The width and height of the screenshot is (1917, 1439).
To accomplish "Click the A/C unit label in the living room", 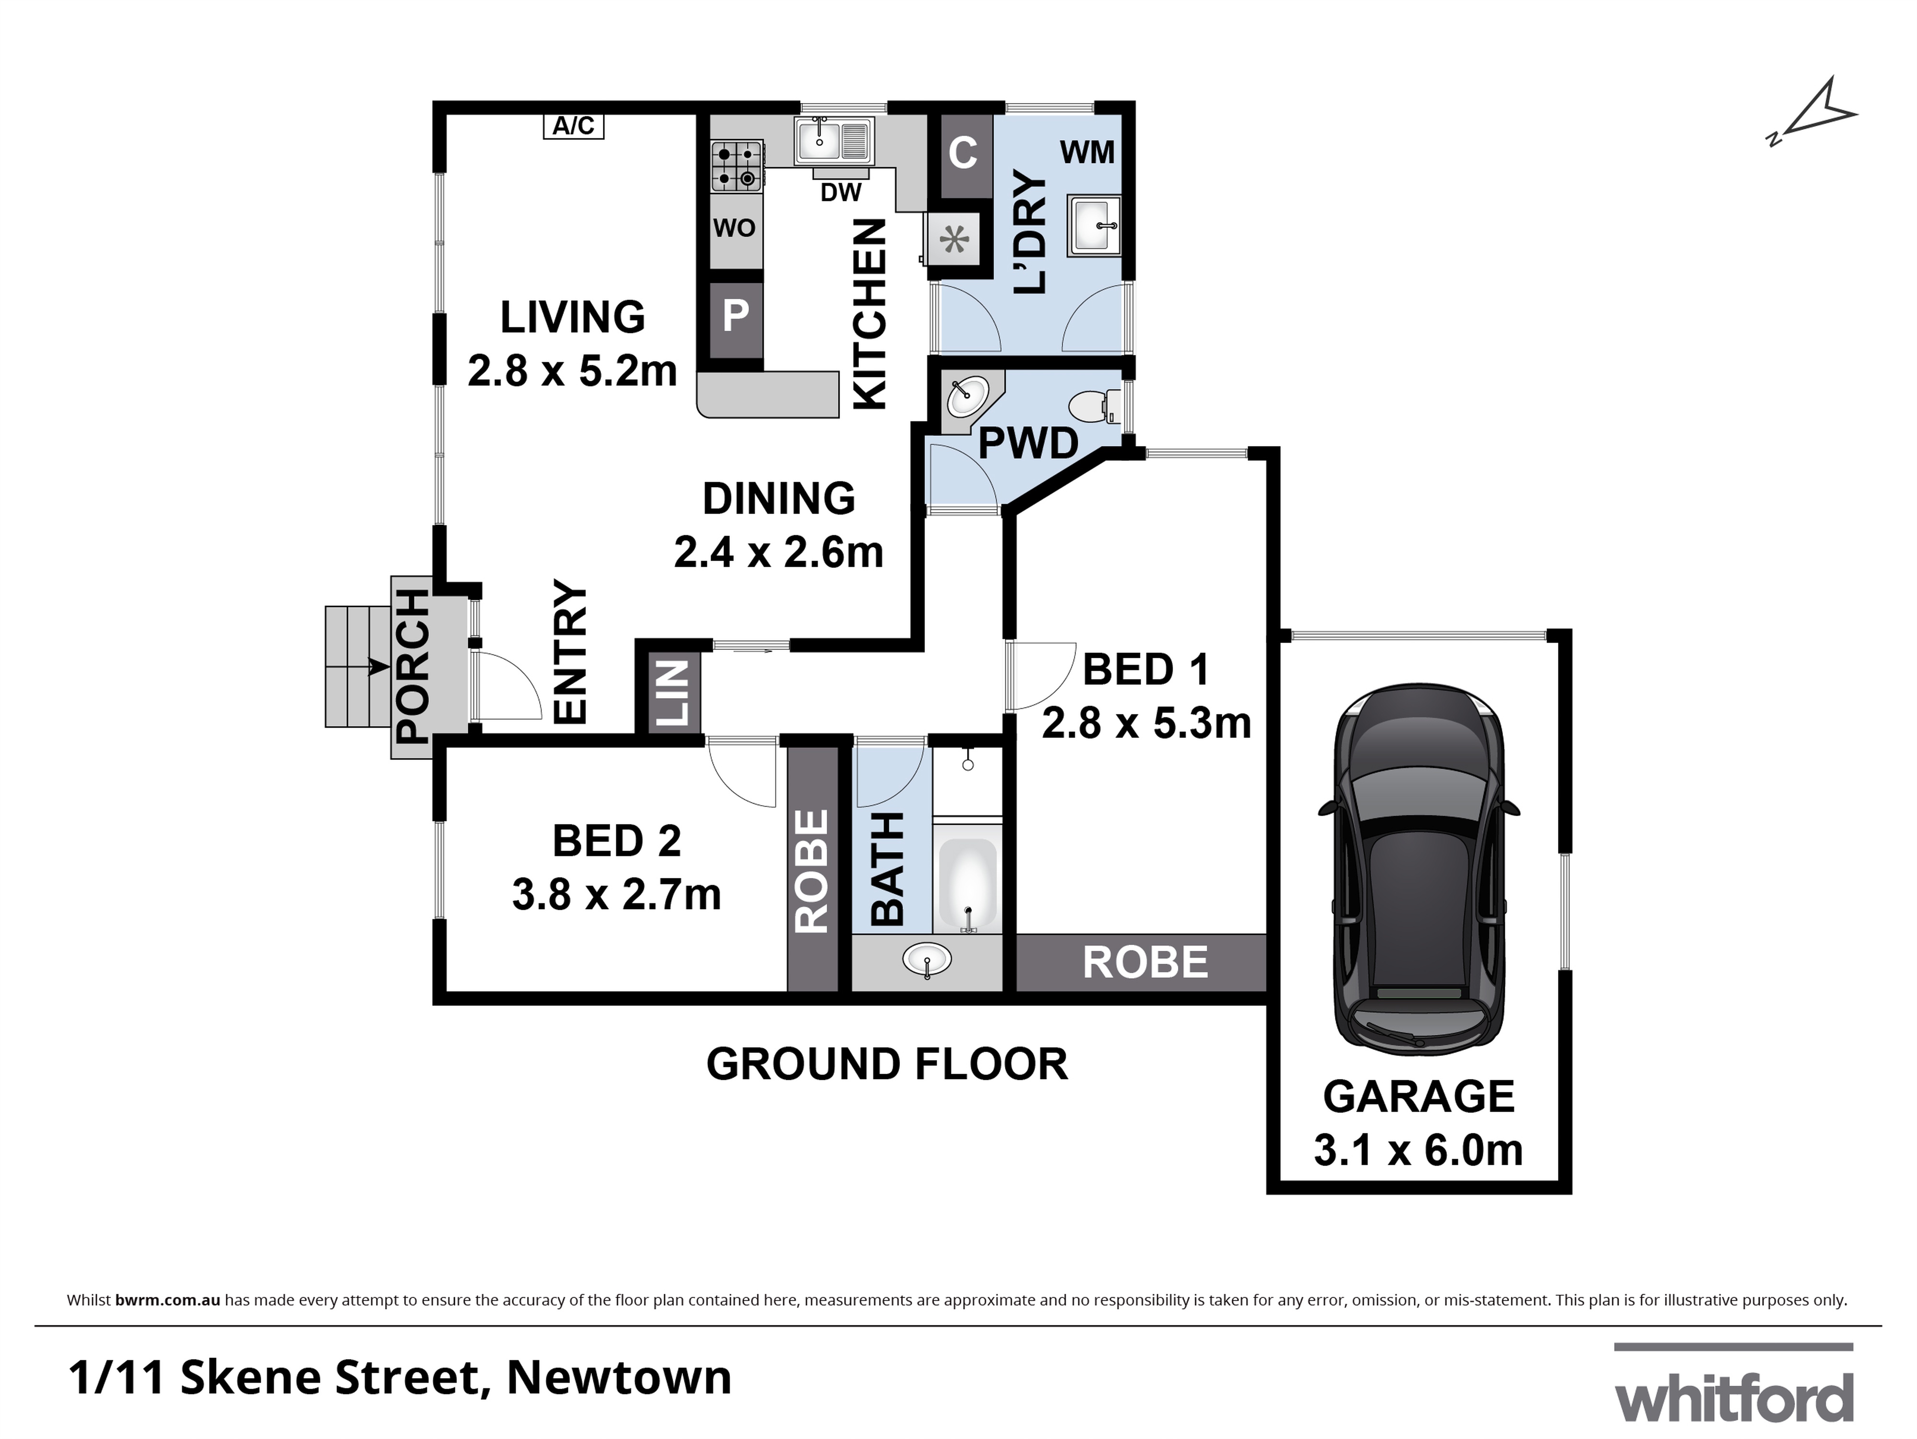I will pyautogui.click(x=574, y=127).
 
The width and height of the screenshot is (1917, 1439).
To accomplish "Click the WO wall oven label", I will pyautogui.click(x=735, y=228).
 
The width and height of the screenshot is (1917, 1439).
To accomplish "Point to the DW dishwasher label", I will pyautogui.click(x=841, y=192).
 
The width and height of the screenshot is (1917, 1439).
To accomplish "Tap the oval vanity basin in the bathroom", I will pyautogui.click(x=927, y=959).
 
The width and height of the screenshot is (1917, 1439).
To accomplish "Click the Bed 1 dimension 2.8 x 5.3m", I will pyautogui.click(x=1146, y=723).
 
